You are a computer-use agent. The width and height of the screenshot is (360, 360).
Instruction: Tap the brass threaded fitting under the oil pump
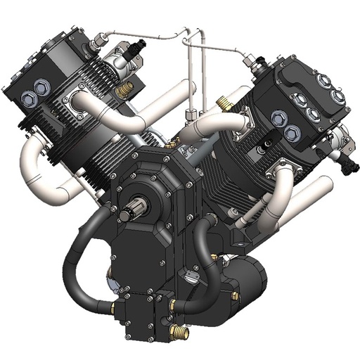point(179,330)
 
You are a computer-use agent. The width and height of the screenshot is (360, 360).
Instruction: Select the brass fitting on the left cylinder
point(127,89)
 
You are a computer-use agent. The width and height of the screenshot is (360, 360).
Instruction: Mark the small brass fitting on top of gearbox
point(171,144)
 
